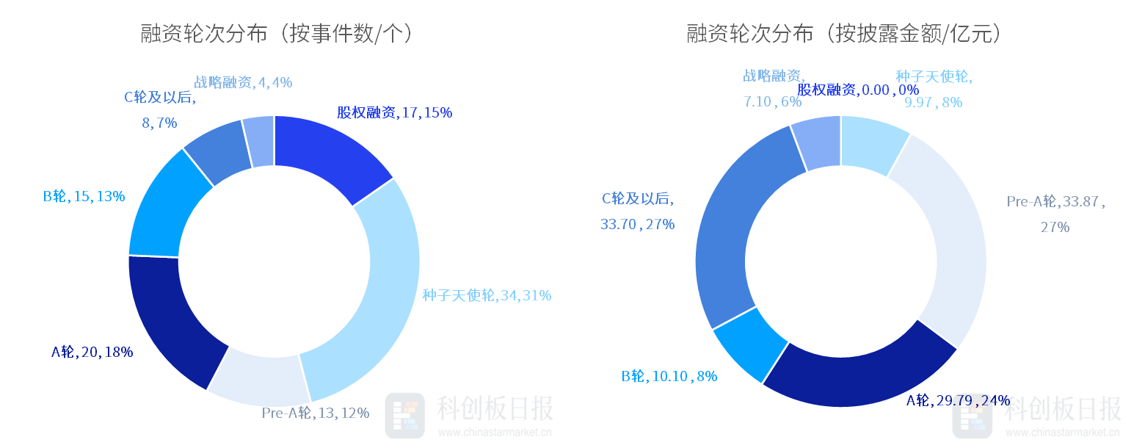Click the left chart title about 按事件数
click(277, 34)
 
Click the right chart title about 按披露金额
click(844, 34)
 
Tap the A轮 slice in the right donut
click(859, 375)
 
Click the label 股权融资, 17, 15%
click(394, 112)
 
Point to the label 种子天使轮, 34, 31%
click(487, 295)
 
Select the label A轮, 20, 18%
click(92, 352)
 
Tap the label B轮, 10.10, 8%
click(669, 377)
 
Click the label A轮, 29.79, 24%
click(958, 400)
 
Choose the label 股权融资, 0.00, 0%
click(857, 90)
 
